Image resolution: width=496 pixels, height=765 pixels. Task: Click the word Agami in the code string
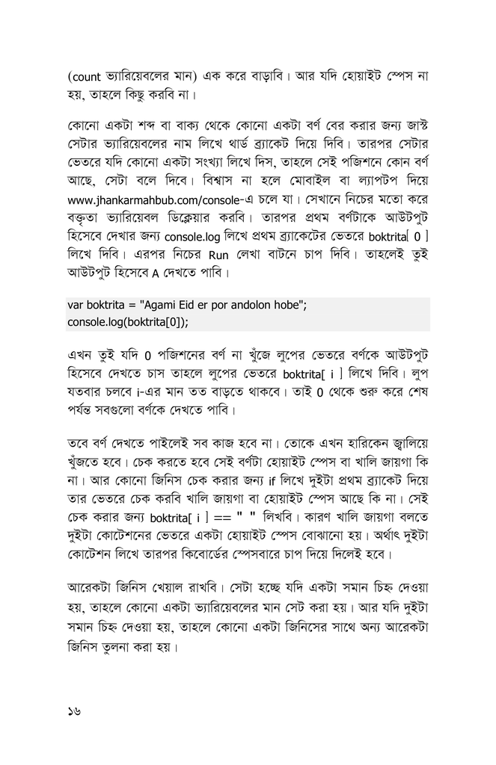click(x=167, y=305)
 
